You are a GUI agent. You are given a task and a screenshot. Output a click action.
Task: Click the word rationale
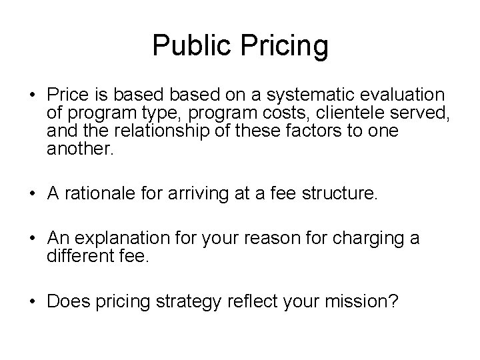pos(93,194)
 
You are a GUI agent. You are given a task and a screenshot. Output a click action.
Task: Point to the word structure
pos(346,194)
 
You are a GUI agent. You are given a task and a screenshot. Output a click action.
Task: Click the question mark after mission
pos(395,302)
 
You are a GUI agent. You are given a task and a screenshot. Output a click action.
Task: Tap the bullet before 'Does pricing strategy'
pos(32,303)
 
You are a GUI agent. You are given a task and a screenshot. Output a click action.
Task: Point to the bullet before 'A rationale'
pos(32,195)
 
